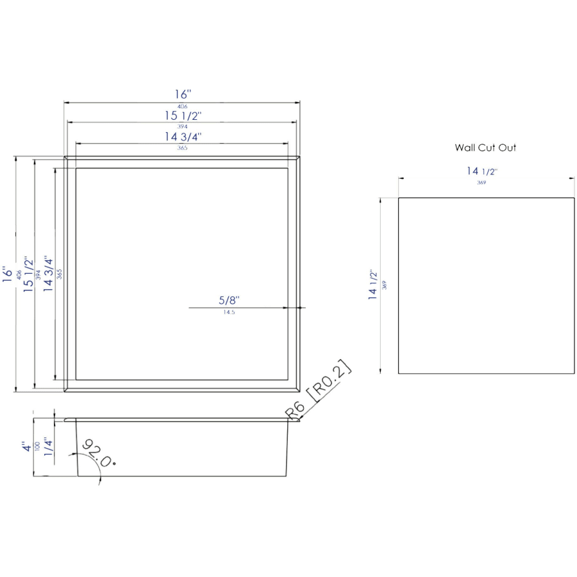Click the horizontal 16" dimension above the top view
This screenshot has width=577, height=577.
tap(183, 95)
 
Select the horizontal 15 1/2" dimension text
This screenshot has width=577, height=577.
tap(183, 116)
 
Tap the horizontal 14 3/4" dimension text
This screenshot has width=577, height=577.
tap(183, 137)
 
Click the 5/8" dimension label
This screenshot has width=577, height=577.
tap(229, 300)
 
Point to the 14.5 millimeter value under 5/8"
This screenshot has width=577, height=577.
tap(229, 312)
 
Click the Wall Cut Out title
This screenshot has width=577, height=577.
tap(485, 147)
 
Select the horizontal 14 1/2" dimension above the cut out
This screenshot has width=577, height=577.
tap(482, 171)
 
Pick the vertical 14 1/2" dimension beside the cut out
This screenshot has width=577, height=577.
tap(372, 284)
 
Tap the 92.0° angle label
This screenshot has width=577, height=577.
tap(98, 453)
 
